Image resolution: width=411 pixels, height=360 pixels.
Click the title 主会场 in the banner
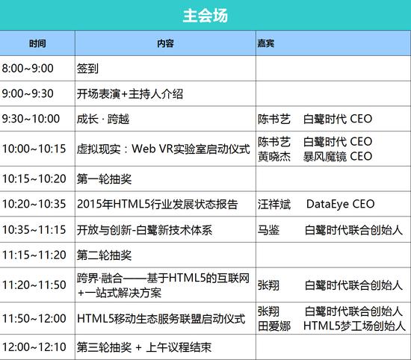[x=205, y=16]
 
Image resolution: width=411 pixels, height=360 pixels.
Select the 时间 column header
[x=37, y=43]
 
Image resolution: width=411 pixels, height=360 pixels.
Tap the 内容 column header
[x=165, y=43]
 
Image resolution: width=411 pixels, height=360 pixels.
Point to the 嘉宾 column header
[x=266, y=43]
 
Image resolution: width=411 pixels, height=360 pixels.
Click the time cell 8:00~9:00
[x=28, y=69]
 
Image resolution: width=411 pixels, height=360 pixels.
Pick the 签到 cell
[x=87, y=69]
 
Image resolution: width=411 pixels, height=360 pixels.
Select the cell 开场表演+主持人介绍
[x=130, y=94]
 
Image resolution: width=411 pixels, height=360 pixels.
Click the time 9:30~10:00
[x=31, y=119]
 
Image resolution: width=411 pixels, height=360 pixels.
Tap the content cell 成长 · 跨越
[x=103, y=119]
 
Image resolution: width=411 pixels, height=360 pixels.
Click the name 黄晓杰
[x=274, y=156]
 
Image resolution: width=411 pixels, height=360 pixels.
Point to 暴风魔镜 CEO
[x=338, y=156]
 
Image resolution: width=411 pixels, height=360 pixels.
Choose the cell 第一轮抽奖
[x=104, y=179]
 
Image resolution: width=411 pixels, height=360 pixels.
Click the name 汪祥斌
[x=274, y=204]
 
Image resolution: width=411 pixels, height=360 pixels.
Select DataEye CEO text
[x=340, y=204]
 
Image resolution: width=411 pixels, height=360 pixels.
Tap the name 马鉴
[x=269, y=230]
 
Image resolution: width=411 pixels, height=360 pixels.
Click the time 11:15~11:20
[x=34, y=255]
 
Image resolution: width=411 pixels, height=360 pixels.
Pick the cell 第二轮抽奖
[x=104, y=255]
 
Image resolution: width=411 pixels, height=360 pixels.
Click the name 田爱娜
[x=274, y=326]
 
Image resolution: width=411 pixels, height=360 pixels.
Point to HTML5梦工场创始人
[x=354, y=326]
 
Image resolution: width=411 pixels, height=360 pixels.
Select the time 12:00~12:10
[x=34, y=347]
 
